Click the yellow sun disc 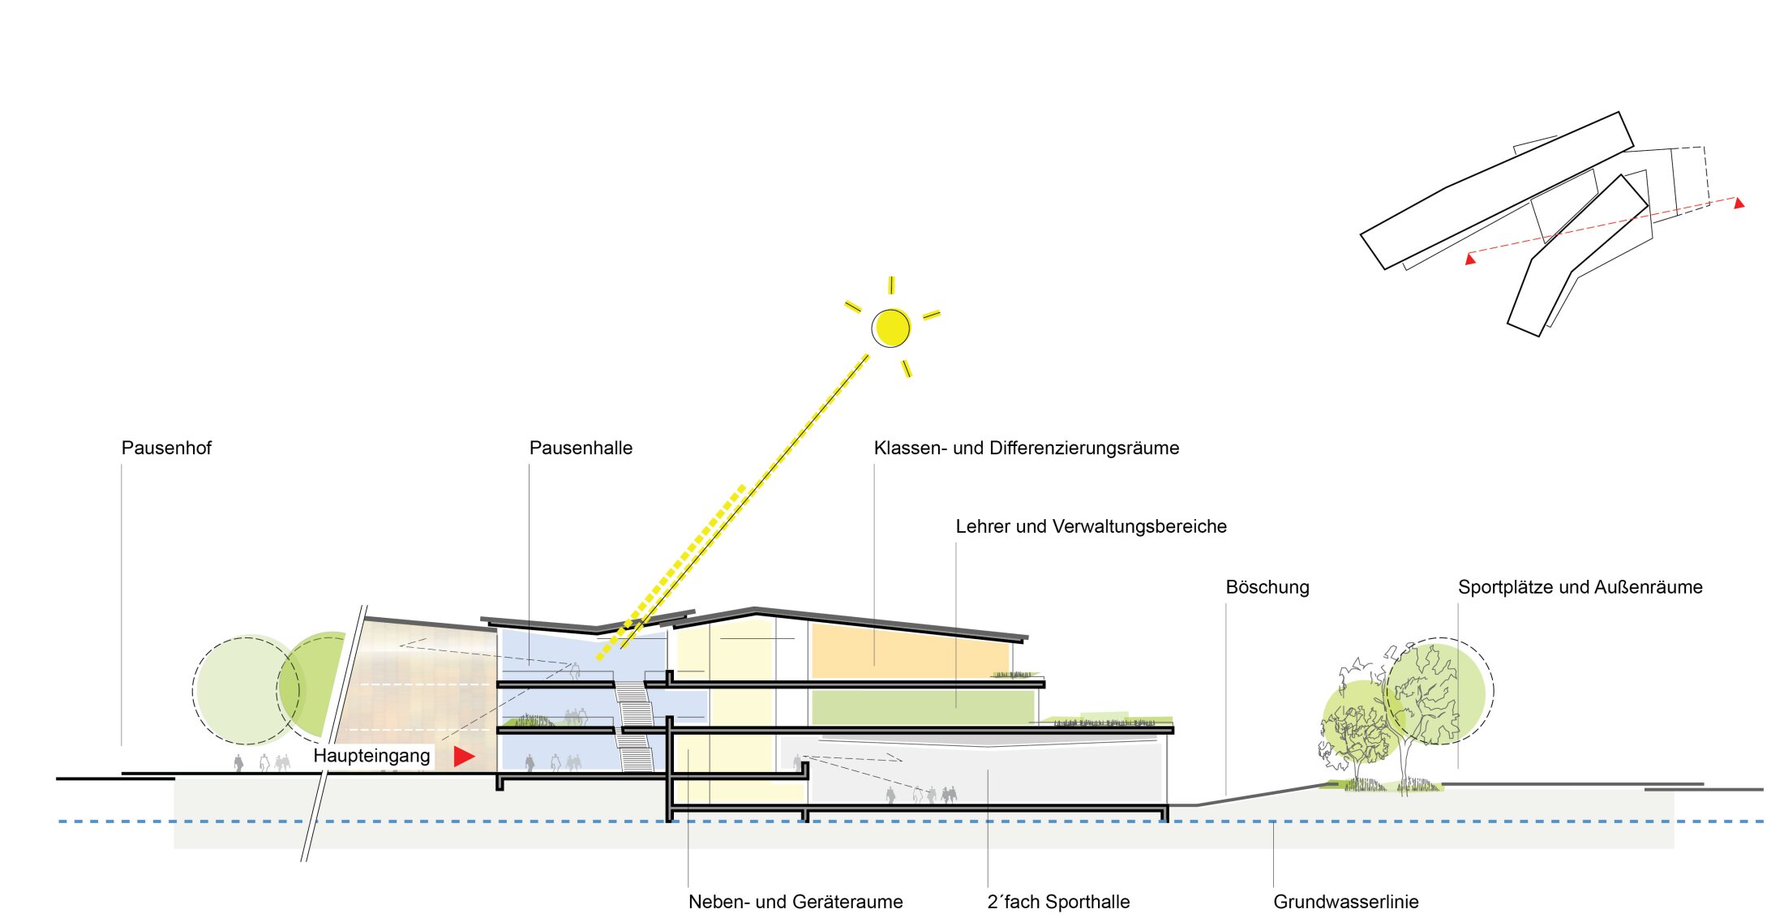[891, 328]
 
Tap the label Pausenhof [166, 448]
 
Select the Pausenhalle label [581, 448]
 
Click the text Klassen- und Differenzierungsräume [1027, 448]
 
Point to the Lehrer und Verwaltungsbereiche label [1091, 527]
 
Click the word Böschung [1267, 587]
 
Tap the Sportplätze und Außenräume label [1580, 587]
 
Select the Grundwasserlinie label [1346, 902]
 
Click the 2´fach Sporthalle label [1058, 902]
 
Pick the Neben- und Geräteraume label [796, 902]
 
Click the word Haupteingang [371, 756]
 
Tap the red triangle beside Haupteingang [463, 757]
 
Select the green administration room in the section [920, 707]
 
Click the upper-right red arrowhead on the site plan [1739, 203]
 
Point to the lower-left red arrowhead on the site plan [1470, 260]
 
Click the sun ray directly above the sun [891, 285]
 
